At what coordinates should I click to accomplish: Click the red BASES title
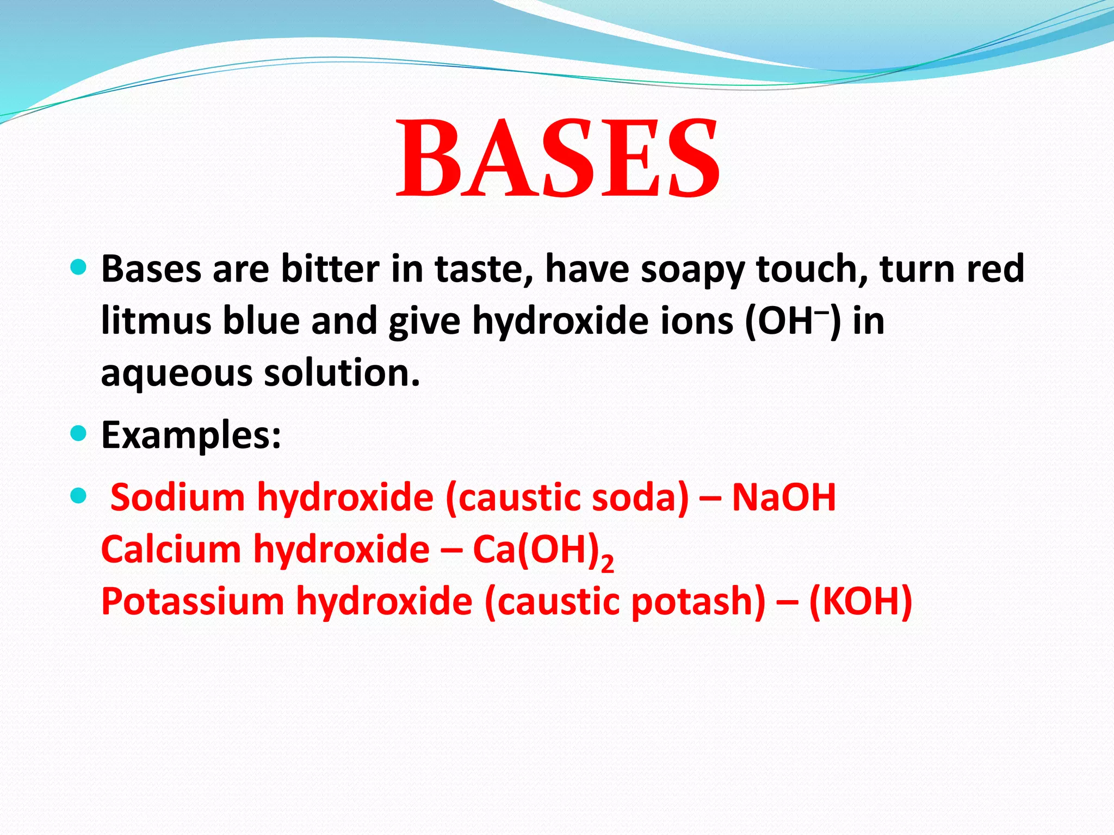pyautogui.click(x=558, y=158)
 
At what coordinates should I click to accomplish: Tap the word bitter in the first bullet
pyautogui.click(x=330, y=269)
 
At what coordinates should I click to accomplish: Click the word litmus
pyautogui.click(x=156, y=321)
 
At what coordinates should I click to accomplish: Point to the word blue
pyautogui.click(x=261, y=321)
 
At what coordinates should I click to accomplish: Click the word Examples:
pyautogui.click(x=191, y=435)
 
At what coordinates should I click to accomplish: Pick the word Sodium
pyautogui.click(x=177, y=497)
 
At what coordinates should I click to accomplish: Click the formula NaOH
pyautogui.click(x=783, y=497)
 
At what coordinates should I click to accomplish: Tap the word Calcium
pyautogui.click(x=171, y=549)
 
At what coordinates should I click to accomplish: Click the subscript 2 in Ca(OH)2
pyautogui.click(x=608, y=563)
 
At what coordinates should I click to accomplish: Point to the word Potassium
pyautogui.click(x=193, y=602)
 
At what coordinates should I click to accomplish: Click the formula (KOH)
pyautogui.click(x=860, y=602)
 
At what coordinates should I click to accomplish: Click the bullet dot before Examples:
pyautogui.click(x=79, y=433)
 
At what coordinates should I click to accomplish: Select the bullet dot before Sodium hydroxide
pyautogui.click(x=79, y=496)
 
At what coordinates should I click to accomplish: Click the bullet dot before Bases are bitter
pyautogui.click(x=79, y=267)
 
